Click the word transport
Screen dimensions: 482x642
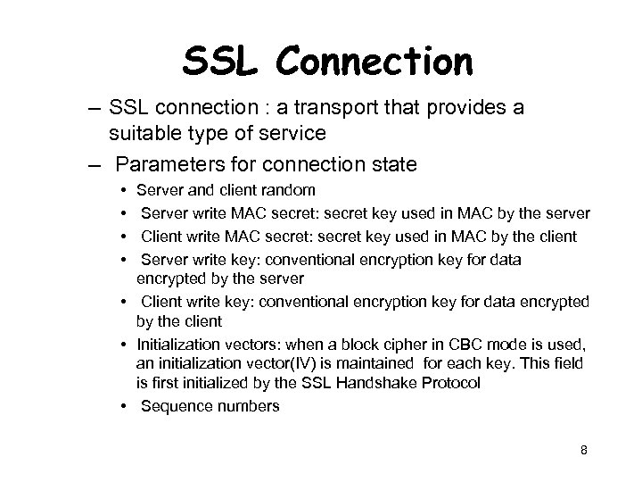click(x=337, y=109)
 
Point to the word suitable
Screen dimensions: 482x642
click(x=142, y=134)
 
